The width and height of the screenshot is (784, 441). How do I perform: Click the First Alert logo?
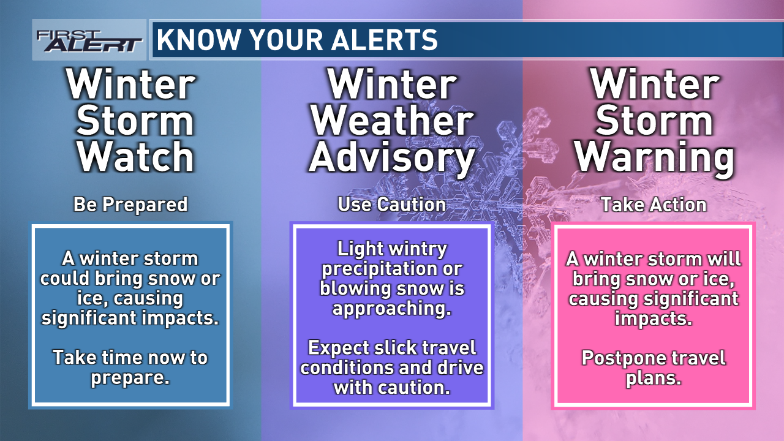tap(89, 41)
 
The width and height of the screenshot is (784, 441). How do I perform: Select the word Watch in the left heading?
tap(135, 156)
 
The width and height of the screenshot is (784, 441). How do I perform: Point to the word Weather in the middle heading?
tap(392, 120)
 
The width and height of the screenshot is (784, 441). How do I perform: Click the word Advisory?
tap(391, 158)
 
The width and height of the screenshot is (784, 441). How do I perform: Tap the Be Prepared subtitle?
tap(130, 205)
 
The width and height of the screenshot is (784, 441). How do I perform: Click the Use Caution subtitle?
tap(391, 205)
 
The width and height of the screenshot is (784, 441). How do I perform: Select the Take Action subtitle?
tap(654, 205)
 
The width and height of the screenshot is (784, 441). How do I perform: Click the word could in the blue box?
tap(65, 278)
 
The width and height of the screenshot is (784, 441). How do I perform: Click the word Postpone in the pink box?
tap(622, 359)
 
